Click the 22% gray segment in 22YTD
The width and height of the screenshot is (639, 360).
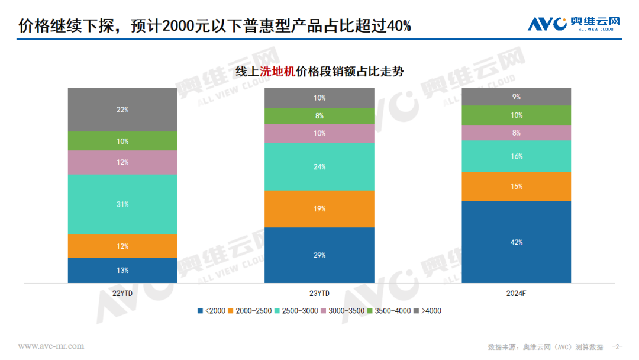pyautogui.click(x=122, y=110)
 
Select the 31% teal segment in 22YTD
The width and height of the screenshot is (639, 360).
pyautogui.click(x=122, y=204)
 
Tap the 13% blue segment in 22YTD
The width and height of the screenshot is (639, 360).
pyautogui.click(x=122, y=271)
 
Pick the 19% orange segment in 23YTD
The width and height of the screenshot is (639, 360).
pyautogui.click(x=319, y=209)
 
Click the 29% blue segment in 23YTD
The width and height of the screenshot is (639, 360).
pyautogui.click(x=319, y=255)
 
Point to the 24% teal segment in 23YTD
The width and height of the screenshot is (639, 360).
pyautogui.click(x=319, y=167)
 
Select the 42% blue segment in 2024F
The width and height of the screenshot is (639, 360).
pyautogui.click(x=516, y=242)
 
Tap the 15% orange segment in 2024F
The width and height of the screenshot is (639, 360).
pyautogui.click(x=516, y=187)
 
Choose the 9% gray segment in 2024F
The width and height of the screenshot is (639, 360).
pyautogui.click(x=516, y=97)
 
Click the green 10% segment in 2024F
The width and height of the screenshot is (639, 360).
pyautogui.click(x=516, y=115)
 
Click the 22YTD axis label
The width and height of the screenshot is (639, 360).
pyautogui.click(x=122, y=294)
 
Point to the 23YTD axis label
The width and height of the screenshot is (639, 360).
pyautogui.click(x=319, y=294)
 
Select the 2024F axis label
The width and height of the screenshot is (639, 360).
pyautogui.click(x=516, y=294)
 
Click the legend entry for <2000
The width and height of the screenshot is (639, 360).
pyautogui.click(x=212, y=311)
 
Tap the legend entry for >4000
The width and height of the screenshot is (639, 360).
pyautogui.click(x=427, y=311)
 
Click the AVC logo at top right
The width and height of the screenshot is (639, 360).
pyautogui.click(x=574, y=24)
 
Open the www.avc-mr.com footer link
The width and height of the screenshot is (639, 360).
pyautogui.click(x=51, y=346)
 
